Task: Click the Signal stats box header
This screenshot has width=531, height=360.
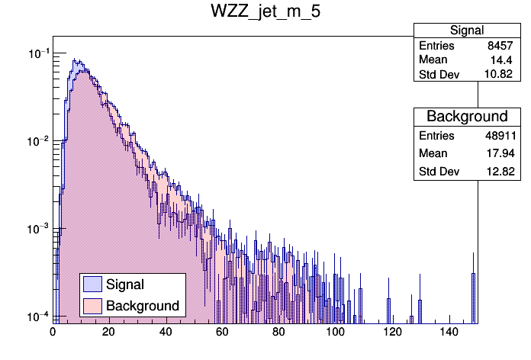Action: click(x=466, y=31)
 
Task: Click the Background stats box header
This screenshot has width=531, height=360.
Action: click(x=466, y=116)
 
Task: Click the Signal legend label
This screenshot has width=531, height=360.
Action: click(x=125, y=284)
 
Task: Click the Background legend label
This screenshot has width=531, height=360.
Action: click(x=143, y=306)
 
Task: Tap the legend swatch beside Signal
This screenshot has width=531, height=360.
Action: click(x=93, y=284)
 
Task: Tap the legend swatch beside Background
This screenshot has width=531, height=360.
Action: click(x=93, y=306)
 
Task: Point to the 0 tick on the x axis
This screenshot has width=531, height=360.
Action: click(x=53, y=332)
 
